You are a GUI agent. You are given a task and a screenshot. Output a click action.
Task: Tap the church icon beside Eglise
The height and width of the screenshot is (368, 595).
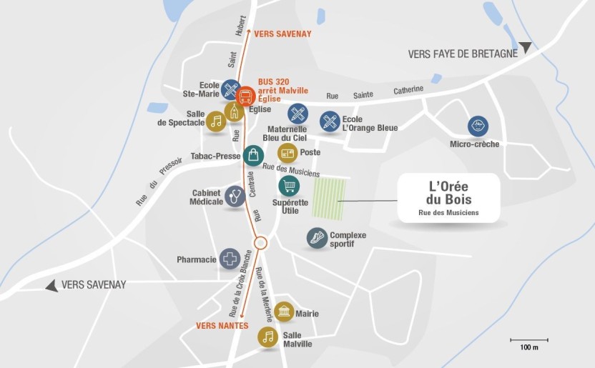[234, 111]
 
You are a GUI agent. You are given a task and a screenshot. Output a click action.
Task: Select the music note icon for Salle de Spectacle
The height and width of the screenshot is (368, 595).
[217, 121]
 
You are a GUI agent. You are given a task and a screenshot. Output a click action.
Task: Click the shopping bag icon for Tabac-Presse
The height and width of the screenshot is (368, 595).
[253, 155]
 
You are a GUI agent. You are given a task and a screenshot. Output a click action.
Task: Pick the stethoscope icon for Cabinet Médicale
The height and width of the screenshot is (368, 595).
[235, 196]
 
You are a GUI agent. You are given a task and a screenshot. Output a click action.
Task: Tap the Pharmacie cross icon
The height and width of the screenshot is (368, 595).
[230, 259]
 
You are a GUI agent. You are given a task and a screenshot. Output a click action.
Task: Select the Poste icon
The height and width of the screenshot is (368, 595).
[287, 153]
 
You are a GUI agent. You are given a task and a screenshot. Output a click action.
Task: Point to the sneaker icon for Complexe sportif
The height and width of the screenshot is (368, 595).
[317, 238]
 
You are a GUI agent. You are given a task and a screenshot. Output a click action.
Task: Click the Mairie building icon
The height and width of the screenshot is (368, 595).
[284, 312]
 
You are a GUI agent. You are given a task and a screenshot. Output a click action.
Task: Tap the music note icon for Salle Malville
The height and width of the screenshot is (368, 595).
[268, 337]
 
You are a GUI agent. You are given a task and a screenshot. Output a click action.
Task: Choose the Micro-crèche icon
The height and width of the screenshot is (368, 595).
[478, 126]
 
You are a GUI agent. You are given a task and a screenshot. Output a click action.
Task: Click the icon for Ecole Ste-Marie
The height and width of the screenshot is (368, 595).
[231, 89]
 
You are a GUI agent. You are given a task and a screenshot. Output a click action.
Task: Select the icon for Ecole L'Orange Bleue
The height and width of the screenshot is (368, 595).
[329, 121]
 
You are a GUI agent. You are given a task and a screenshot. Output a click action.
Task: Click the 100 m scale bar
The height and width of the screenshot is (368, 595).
[528, 339]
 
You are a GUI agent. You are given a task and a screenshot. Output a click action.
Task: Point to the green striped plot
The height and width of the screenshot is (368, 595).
[330, 199]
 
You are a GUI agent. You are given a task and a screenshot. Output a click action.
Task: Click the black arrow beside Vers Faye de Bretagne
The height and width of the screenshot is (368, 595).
[526, 48]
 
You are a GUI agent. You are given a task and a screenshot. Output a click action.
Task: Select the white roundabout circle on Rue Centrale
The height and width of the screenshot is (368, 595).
[260, 243]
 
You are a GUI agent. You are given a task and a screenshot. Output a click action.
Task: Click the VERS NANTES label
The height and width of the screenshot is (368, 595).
[222, 326]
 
